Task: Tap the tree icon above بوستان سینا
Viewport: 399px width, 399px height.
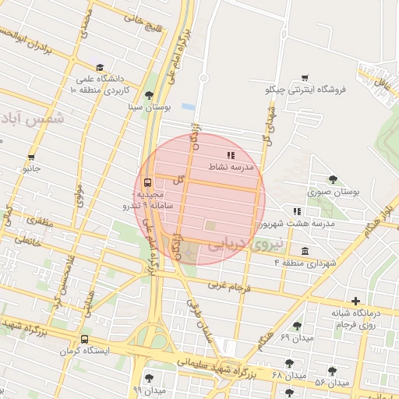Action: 139,94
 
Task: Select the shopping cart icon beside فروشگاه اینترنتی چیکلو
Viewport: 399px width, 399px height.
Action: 304,78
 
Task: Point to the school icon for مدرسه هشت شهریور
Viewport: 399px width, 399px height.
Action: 296,211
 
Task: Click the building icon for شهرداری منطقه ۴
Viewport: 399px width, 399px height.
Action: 303,251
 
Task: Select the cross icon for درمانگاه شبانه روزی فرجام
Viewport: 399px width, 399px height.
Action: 356,301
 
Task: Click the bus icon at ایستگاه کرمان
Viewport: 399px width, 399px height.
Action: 83,339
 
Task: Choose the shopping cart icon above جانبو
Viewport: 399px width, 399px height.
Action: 31,157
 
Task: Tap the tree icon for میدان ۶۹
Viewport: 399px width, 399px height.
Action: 296,326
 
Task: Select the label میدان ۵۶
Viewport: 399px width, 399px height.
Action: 332,383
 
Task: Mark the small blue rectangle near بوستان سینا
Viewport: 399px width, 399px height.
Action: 188,106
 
